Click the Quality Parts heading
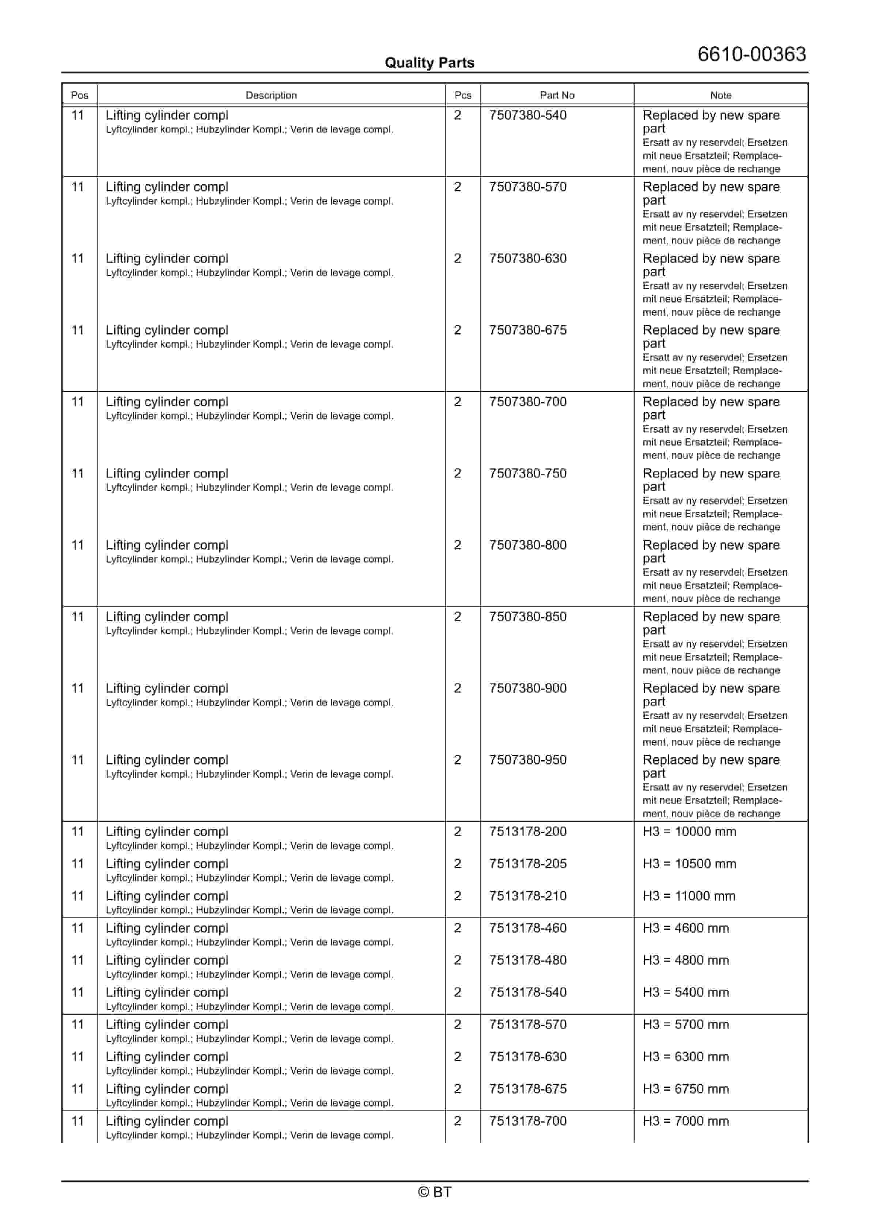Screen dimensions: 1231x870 point(429,63)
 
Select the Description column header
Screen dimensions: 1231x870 point(271,95)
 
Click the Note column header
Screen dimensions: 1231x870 point(720,95)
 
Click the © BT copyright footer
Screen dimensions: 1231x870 point(435,1192)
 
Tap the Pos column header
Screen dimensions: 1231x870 point(79,95)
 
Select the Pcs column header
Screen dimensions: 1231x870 point(462,95)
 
